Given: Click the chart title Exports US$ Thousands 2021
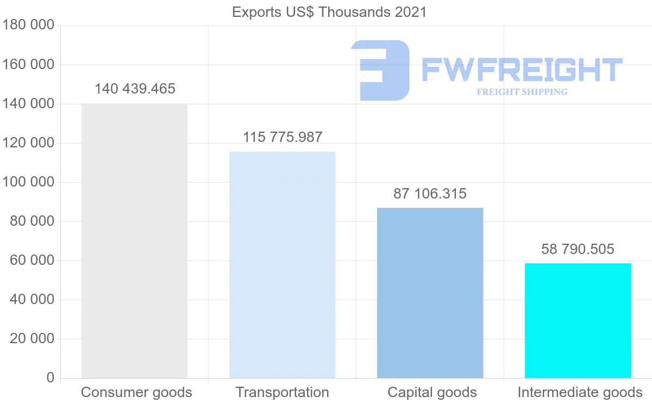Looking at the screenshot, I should tap(329, 12).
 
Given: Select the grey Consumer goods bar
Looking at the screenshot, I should tap(134, 240).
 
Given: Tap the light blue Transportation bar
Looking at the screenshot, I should tap(282, 264).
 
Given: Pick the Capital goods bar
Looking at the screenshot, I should tap(430, 293).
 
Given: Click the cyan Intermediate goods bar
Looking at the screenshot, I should tap(578, 320).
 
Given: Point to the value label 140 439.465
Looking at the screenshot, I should tap(135, 89).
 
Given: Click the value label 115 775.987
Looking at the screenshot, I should tap(283, 137).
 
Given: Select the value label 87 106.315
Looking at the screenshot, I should tap(430, 194).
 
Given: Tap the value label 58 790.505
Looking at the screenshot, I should tap(578, 249).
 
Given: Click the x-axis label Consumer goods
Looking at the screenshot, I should tap(136, 392).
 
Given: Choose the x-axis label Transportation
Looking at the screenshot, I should tap(282, 392).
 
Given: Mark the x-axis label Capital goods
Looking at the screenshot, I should tap(432, 392).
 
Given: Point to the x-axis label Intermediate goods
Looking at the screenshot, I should tap(580, 392).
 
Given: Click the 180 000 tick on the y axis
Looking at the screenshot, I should tap(28, 26).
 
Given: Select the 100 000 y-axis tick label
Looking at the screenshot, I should tap(28, 182).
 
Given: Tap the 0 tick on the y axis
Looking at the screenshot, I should tap(51, 377).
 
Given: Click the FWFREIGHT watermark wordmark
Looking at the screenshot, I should tap(522, 70).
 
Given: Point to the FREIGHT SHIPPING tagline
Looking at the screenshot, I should tap(522, 92).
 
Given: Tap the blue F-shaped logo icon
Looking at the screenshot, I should tap(380, 70).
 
